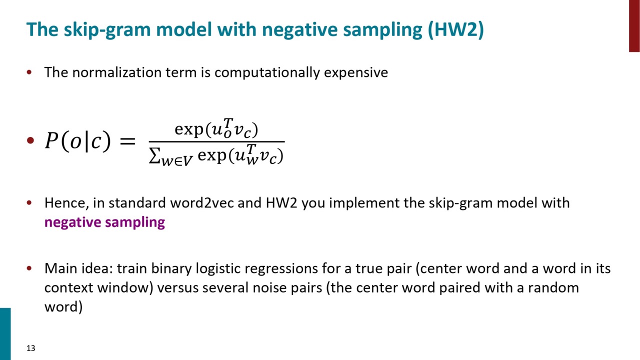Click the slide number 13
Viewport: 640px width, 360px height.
[x=31, y=348]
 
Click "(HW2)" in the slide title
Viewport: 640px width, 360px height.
[x=456, y=29]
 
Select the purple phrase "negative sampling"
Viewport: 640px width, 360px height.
[x=104, y=222]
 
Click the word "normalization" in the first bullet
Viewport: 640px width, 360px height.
[x=117, y=72]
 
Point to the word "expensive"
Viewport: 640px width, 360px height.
[x=356, y=73]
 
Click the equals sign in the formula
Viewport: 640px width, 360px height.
[x=127, y=141]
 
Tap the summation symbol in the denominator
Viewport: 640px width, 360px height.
[x=154, y=156]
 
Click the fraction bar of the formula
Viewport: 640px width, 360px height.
[x=216, y=141]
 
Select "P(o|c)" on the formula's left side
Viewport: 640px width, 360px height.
[x=77, y=141]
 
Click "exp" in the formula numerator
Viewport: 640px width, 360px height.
[x=189, y=129]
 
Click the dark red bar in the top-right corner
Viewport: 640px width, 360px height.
[x=634, y=26]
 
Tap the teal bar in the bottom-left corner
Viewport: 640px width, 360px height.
[x=5, y=334]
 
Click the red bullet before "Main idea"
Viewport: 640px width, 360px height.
[x=29, y=268]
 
